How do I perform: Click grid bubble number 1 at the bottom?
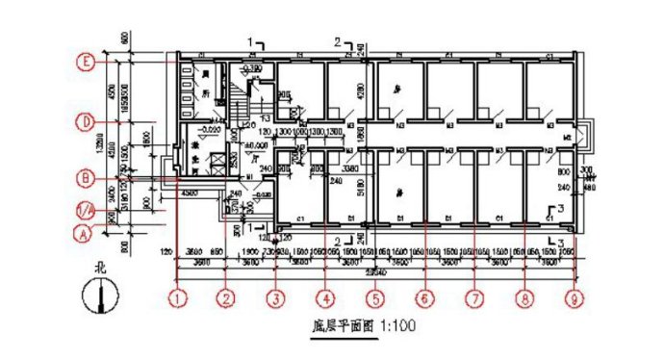177,298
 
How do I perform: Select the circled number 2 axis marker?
226,298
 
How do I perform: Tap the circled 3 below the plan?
276,298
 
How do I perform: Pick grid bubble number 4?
325,298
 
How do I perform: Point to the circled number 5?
375,298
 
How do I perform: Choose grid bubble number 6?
424,298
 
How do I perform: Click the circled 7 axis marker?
473,298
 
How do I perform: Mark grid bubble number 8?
524,298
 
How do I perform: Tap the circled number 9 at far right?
574,298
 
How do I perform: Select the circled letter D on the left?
86,122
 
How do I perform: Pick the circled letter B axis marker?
86,178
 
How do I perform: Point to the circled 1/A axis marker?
86,208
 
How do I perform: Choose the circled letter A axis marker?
86,233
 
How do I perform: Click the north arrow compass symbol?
100,296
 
